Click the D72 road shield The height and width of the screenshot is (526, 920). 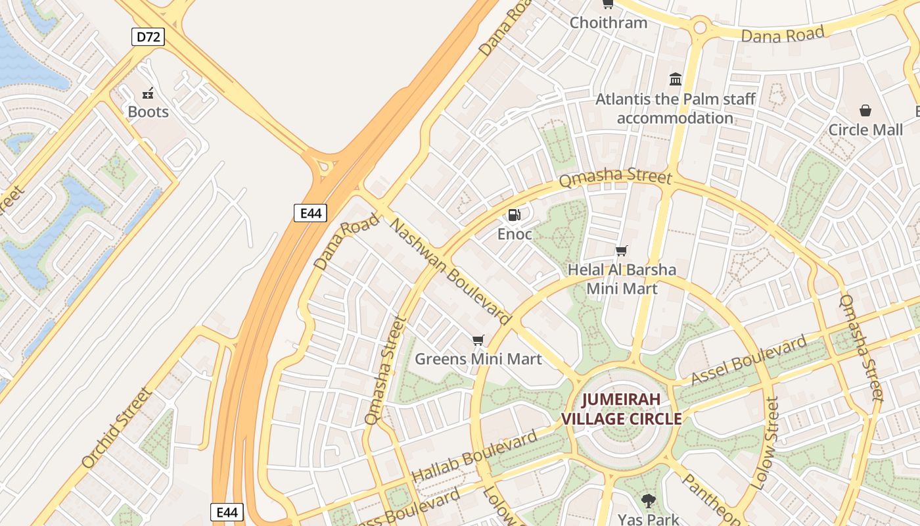[148, 37]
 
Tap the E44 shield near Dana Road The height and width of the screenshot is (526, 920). [310, 212]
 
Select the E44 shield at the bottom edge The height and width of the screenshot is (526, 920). [227, 512]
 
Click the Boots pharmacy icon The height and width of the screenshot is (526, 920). [149, 93]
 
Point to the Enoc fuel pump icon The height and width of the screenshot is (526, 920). [515, 214]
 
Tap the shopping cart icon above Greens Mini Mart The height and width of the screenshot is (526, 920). [478, 340]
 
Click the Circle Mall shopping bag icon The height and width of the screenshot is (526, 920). [865, 110]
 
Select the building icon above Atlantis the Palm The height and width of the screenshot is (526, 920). [676, 80]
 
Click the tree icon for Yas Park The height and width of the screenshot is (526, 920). [649, 501]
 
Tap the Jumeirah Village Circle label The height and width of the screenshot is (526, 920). [621, 409]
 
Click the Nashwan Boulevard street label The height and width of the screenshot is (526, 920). [450, 272]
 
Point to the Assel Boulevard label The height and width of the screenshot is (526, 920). [748, 360]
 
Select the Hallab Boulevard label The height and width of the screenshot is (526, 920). [474, 454]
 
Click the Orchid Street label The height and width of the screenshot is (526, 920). [117, 427]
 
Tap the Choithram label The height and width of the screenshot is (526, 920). [608, 22]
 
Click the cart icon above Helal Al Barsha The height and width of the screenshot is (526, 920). [621, 251]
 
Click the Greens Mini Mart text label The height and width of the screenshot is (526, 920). [478, 359]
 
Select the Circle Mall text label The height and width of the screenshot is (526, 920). [865, 130]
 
